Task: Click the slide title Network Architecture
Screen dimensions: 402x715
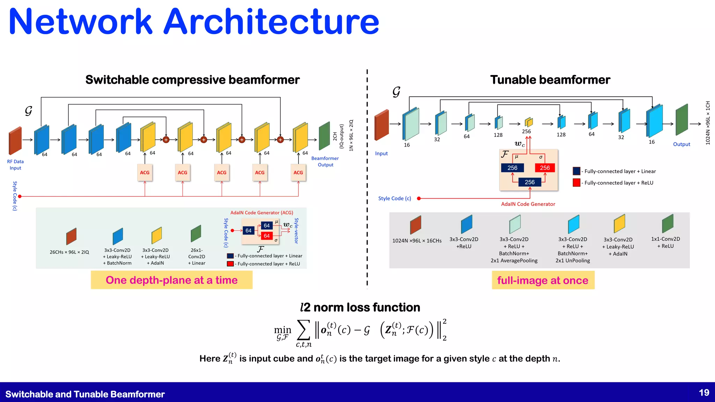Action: click(194, 22)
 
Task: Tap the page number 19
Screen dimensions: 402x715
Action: click(704, 393)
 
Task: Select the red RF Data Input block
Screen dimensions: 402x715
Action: click(15, 141)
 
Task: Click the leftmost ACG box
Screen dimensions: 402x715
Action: click(145, 173)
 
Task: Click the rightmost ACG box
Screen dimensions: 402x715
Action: click(298, 173)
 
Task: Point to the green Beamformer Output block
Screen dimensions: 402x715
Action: click(324, 136)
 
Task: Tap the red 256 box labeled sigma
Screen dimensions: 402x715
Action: click(545, 168)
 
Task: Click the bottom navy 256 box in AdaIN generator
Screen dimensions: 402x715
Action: click(529, 182)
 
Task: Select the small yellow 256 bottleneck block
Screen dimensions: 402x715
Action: click(529, 122)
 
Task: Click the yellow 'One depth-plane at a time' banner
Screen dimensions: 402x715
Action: click(171, 280)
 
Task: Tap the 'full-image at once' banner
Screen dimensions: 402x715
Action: click(543, 281)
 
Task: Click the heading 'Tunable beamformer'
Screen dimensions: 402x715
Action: click(550, 80)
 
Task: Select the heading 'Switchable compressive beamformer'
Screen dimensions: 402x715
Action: click(192, 80)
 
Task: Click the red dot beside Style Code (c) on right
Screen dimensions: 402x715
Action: click(419, 199)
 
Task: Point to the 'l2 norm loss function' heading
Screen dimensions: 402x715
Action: click(360, 307)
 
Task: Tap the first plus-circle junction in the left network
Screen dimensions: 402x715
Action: click(166, 140)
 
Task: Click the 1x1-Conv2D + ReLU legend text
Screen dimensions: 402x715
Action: click(665, 243)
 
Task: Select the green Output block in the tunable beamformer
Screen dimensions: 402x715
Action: click(681, 120)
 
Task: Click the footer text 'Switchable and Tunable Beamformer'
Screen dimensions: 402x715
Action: click(85, 394)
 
